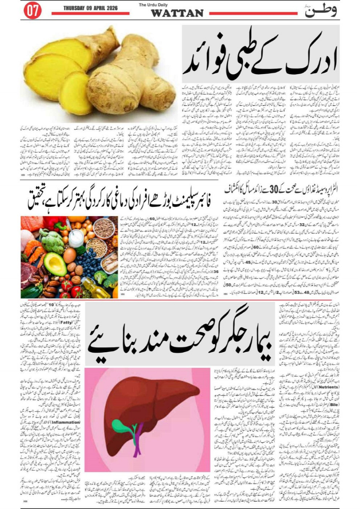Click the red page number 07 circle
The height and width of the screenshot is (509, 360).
[32, 11]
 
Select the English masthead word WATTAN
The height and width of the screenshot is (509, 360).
[177, 14]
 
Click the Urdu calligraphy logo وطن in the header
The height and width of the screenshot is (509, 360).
[320, 11]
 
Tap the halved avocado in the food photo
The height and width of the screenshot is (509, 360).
[55, 264]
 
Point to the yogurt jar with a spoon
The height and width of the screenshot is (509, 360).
[75, 238]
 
